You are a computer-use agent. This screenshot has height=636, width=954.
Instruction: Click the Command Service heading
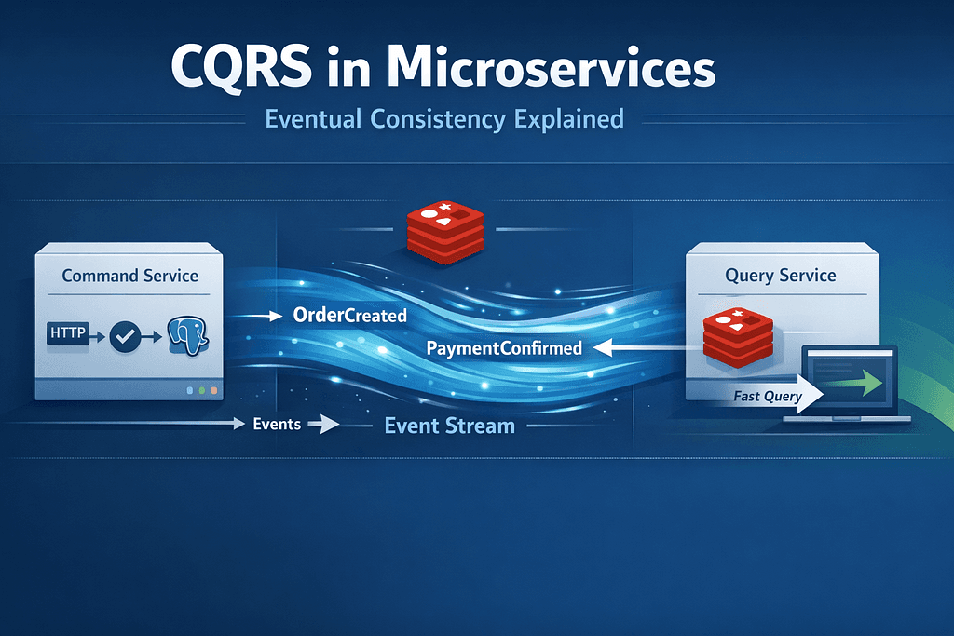coord(129,276)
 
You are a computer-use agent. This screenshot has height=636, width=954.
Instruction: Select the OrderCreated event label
coord(349,316)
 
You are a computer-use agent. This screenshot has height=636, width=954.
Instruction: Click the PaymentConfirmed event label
coord(503,348)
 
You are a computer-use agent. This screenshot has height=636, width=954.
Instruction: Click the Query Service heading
coord(780,276)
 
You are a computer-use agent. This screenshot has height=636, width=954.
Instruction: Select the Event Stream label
coord(449,426)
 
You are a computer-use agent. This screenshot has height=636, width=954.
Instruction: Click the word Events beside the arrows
coord(277,424)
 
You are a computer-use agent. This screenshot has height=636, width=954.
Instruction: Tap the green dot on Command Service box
coord(201,391)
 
